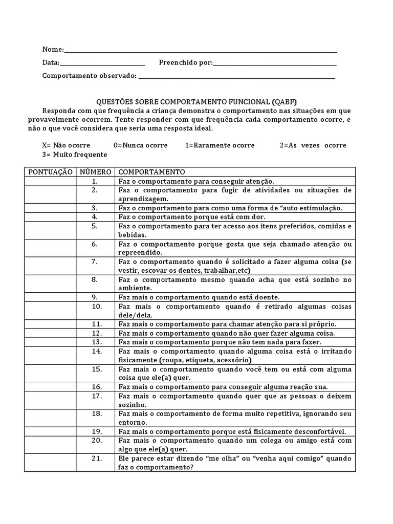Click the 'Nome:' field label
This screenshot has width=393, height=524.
(x=53, y=50)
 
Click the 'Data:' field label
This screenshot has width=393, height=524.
(x=51, y=63)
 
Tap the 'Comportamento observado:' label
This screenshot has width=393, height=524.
(x=89, y=76)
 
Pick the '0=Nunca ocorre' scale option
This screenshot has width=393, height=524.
(x=140, y=145)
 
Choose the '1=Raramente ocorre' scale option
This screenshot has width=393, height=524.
(x=220, y=145)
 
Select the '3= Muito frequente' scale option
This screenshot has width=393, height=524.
(x=75, y=155)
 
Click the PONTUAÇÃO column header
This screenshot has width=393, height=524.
(x=50, y=172)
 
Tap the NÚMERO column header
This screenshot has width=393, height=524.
(x=95, y=172)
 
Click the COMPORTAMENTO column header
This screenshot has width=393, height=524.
(x=151, y=172)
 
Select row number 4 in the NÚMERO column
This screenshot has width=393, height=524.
(x=95, y=217)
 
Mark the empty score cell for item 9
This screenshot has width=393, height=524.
(x=50, y=297)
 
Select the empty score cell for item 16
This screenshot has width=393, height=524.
(x=50, y=387)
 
